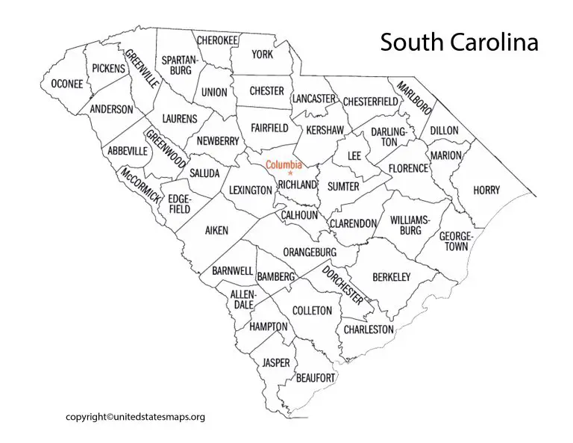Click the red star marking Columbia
click(290, 174)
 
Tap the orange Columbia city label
click(284, 165)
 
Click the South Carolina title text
click(459, 43)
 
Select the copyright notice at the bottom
click(135, 417)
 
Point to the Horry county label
click(486, 190)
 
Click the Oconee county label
click(67, 84)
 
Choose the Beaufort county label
click(316, 378)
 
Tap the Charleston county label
click(368, 329)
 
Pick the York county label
click(262, 55)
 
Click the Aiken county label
click(216, 231)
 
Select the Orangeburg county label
click(309, 253)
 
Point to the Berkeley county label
click(391, 277)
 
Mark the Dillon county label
click(444, 131)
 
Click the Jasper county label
click(275, 363)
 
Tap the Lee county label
click(354, 156)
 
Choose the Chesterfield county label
click(372, 102)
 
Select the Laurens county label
click(180, 119)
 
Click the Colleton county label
click(311, 310)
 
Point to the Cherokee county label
click(217, 40)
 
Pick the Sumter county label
click(343, 186)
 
